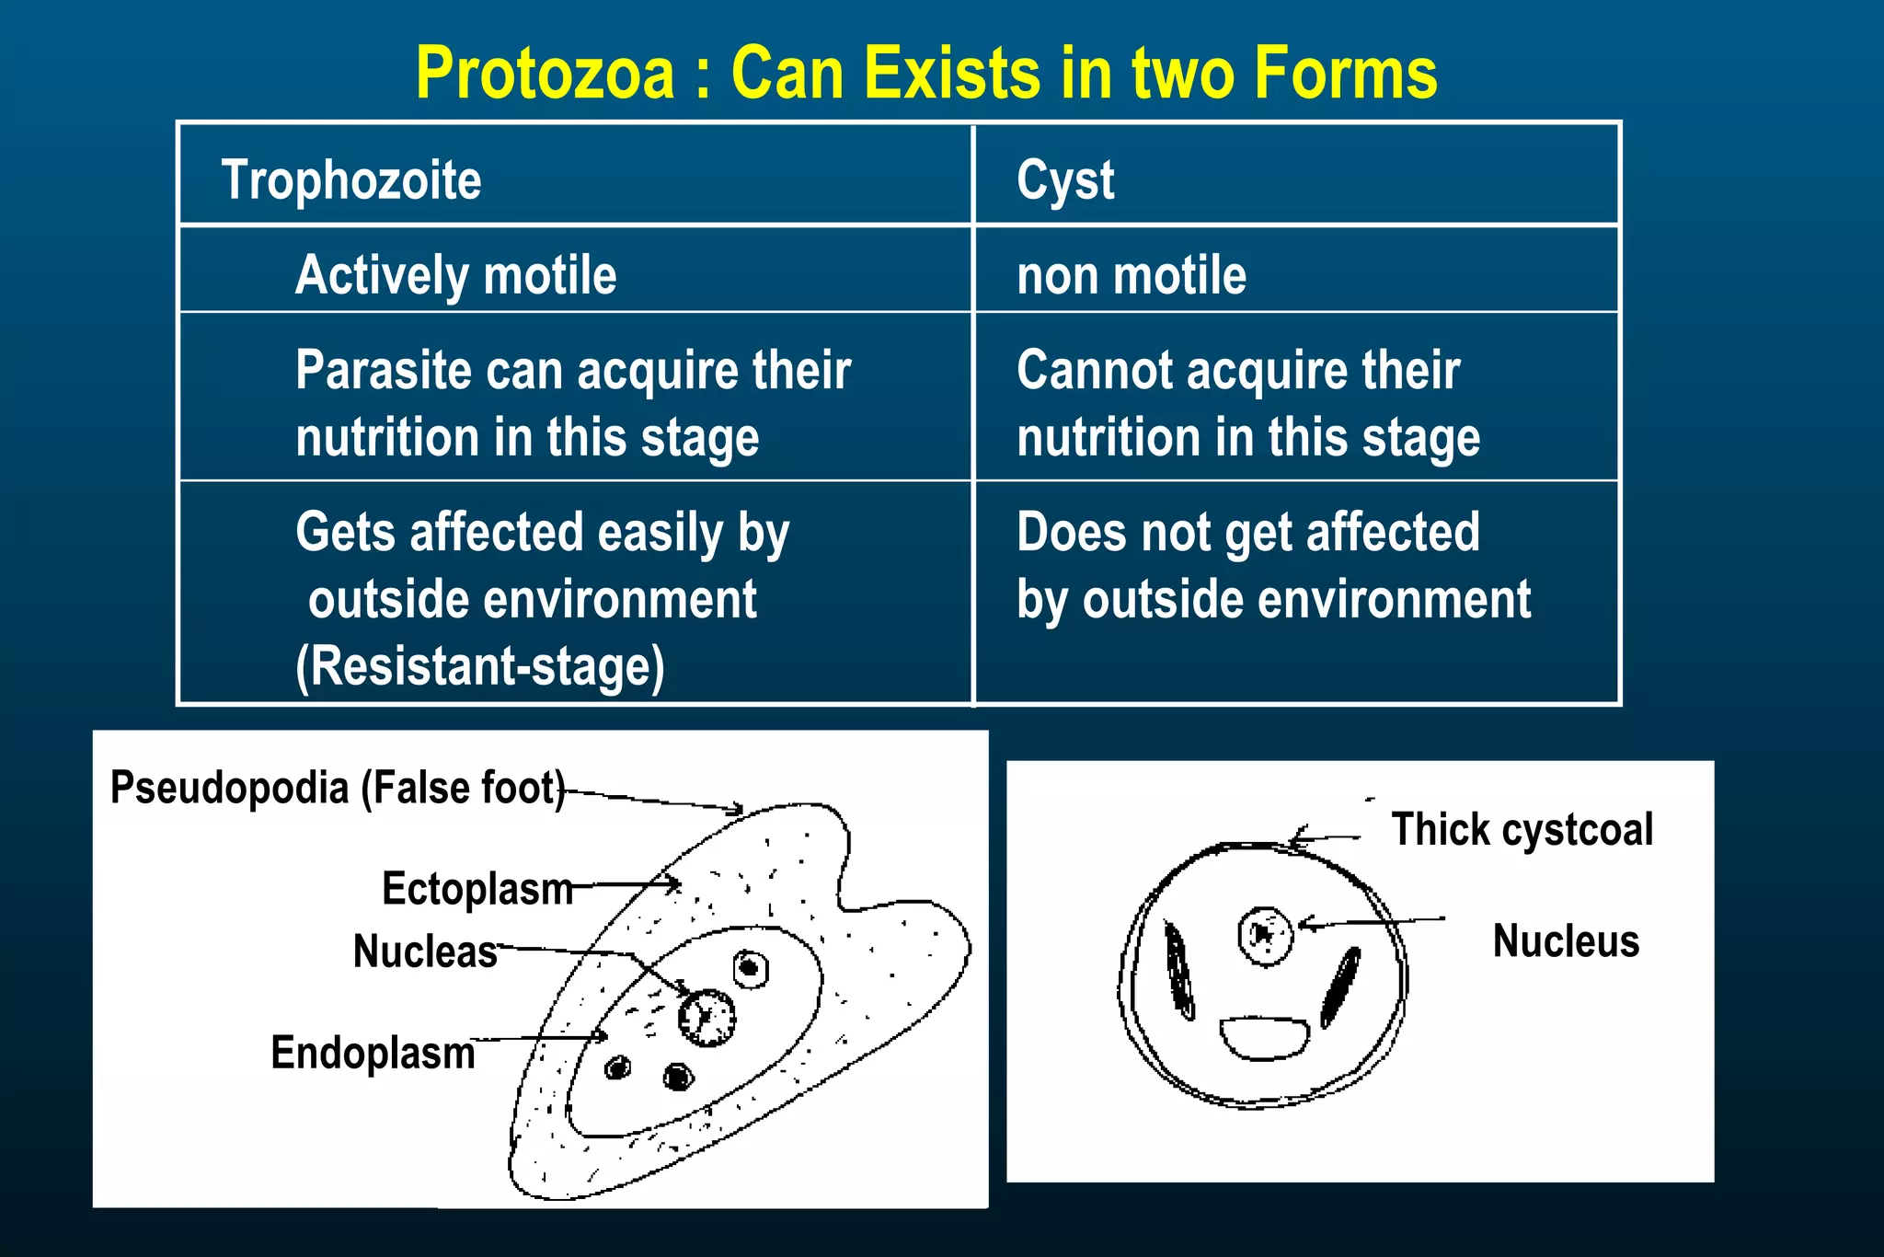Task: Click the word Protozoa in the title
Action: click(545, 74)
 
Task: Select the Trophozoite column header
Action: click(350, 179)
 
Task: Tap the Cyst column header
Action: click(1065, 179)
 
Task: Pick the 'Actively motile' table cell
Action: click(455, 275)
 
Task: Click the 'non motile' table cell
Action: click(1131, 275)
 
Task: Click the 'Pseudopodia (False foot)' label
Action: click(337, 788)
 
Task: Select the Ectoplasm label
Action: click(477, 889)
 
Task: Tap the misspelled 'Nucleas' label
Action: click(425, 951)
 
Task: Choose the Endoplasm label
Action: click(373, 1053)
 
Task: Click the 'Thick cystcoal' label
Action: click(1522, 829)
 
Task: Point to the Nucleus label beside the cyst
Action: click(1566, 941)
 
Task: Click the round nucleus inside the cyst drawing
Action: click(1266, 936)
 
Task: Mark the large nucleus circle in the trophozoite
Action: click(706, 1018)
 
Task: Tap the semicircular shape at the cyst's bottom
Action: click(1264, 1037)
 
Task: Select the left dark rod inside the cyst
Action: click(1178, 971)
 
